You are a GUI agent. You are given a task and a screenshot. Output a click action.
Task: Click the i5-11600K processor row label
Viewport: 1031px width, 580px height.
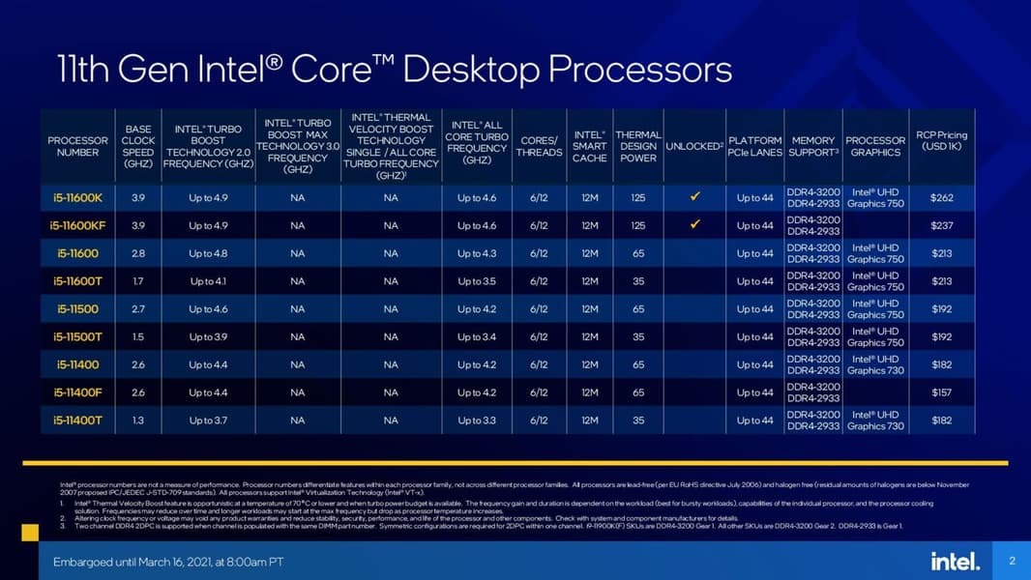[77, 198]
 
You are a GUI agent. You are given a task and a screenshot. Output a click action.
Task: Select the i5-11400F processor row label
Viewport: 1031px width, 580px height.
[77, 392]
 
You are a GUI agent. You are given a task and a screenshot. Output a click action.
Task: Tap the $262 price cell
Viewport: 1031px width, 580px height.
[941, 198]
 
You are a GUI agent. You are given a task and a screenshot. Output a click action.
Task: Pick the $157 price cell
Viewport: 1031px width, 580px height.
[941, 392]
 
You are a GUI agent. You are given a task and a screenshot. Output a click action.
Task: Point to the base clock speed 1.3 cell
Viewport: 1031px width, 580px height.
[137, 420]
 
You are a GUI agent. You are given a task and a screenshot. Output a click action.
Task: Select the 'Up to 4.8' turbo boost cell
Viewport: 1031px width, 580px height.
[208, 253]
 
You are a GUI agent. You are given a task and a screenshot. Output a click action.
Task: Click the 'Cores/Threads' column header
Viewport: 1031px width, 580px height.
[539, 146]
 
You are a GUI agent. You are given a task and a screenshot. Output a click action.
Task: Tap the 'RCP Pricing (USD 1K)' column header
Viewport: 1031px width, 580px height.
[941, 141]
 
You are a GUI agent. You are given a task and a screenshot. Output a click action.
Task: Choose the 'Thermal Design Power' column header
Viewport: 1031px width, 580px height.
[637, 146]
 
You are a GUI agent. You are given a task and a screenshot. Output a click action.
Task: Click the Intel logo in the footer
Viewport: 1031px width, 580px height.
[956, 561]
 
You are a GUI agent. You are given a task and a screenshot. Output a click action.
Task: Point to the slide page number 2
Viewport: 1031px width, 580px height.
[1012, 561]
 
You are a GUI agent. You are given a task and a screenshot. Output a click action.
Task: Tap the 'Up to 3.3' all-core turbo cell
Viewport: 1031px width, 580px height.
[477, 420]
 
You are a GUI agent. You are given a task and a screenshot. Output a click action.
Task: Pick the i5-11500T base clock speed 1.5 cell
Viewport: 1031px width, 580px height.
[137, 337]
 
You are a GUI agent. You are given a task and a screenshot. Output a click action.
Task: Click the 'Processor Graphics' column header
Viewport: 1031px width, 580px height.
[874, 146]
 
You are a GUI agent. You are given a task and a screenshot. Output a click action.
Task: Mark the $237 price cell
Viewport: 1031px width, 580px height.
[941, 225]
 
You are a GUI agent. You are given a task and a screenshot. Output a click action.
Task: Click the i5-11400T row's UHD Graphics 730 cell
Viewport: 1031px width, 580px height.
[875, 420]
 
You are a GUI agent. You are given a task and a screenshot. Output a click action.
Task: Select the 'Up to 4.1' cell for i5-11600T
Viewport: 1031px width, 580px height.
[208, 281]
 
